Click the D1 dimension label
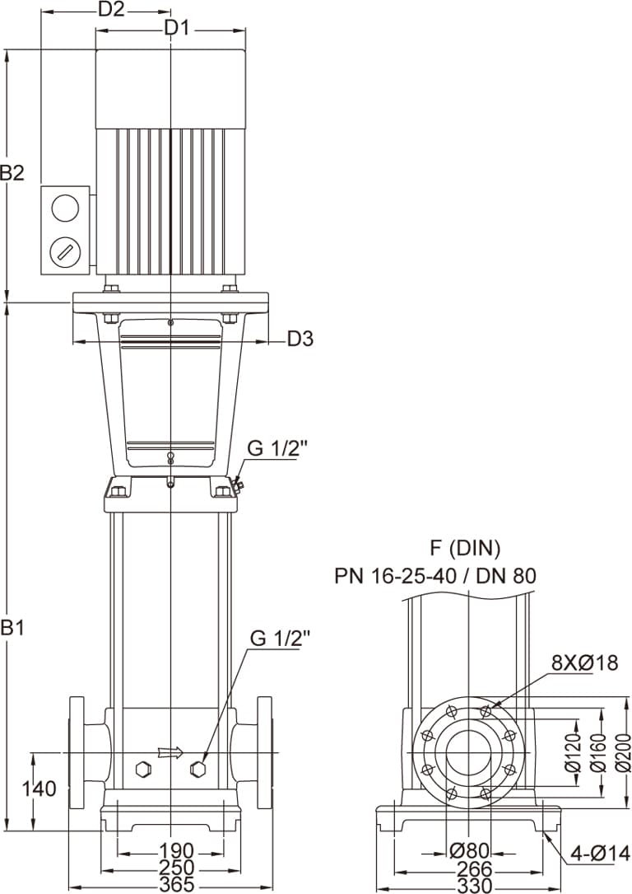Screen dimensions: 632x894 click(176, 27)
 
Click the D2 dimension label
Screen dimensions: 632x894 click(111, 10)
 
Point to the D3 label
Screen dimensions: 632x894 click(300, 339)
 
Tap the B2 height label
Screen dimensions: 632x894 click(12, 173)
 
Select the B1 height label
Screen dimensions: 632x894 click(12, 628)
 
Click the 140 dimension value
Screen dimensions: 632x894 click(39, 789)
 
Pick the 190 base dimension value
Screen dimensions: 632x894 click(176, 851)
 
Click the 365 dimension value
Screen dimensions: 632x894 click(176, 885)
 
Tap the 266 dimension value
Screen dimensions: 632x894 click(474, 869)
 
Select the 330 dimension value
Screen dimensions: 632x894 click(474, 886)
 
